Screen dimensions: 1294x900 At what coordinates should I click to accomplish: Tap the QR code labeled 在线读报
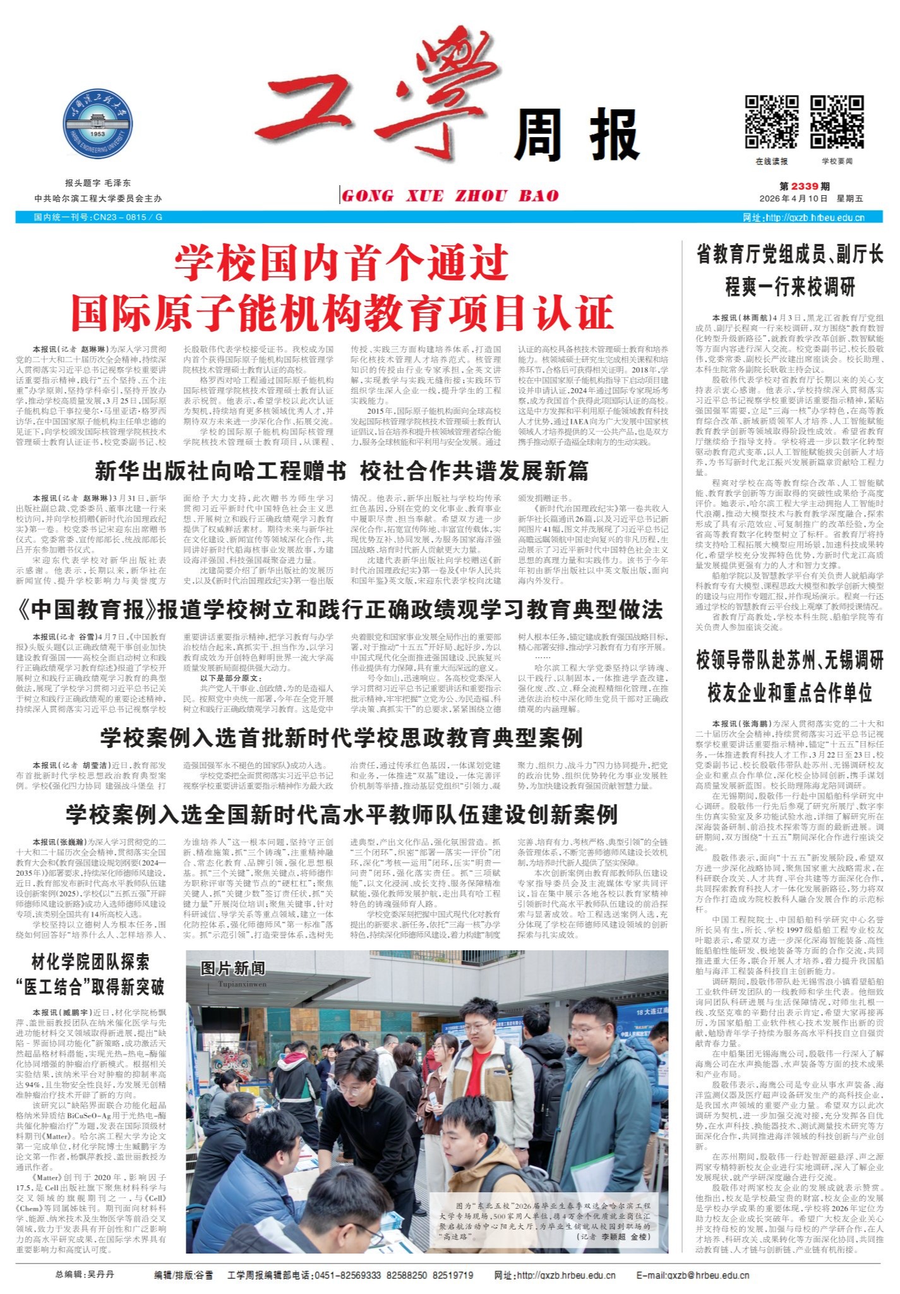coord(771,121)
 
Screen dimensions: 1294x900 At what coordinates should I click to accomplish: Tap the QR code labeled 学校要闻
coord(837,121)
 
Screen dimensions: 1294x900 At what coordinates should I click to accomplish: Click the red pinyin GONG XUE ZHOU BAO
coord(450,196)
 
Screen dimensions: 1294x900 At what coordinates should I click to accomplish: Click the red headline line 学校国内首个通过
coord(342,263)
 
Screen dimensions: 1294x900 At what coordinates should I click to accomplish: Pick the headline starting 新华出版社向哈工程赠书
coord(220,471)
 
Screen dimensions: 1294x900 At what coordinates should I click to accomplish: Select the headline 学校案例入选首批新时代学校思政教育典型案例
coord(341,737)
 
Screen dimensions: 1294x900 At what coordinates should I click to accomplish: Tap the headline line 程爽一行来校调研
coord(789,287)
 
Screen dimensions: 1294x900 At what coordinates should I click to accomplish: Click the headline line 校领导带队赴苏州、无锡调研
coord(789,661)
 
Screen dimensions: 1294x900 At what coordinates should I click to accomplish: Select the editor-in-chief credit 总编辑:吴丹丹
coord(85,1274)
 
